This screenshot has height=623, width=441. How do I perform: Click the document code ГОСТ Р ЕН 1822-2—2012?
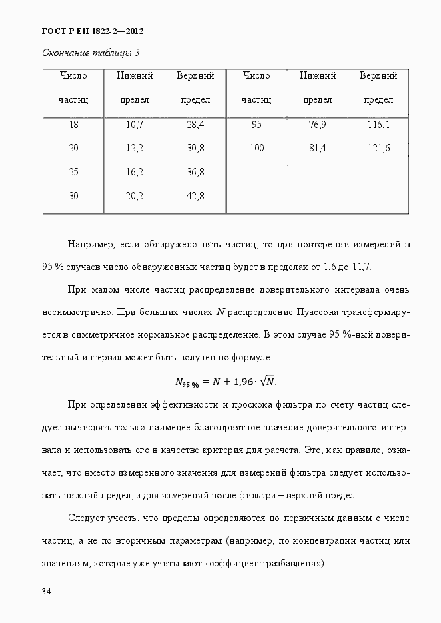point(93,31)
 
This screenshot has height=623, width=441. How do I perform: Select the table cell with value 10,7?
point(134,125)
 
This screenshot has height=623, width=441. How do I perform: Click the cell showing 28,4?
point(195,125)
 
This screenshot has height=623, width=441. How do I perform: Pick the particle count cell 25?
point(73,172)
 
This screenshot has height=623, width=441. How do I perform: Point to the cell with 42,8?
point(195,196)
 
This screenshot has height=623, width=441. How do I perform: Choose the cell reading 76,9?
point(317,125)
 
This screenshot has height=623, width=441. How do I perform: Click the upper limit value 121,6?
point(378,148)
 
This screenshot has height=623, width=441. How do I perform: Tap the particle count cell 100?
point(256,148)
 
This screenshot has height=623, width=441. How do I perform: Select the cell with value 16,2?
point(134,172)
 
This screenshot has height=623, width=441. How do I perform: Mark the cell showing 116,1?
point(378,125)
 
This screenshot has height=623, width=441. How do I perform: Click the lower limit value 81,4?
point(317,148)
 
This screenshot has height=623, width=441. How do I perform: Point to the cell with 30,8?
point(195,148)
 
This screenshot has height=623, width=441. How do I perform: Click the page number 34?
point(47,592)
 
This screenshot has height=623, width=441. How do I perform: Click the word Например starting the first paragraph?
point(90,245)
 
